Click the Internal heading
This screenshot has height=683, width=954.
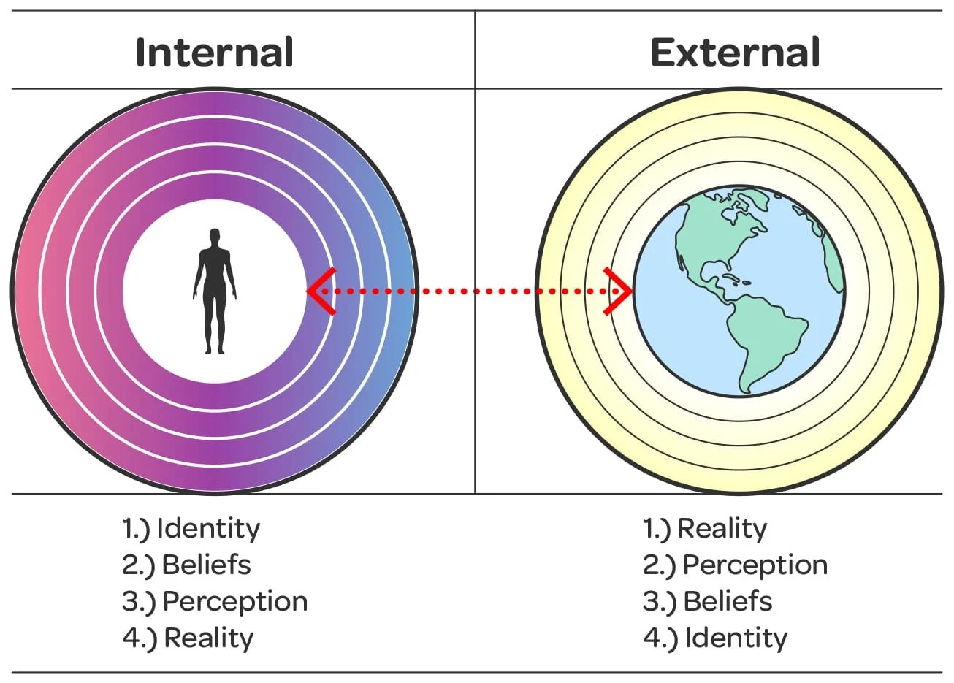[x=215, y=53]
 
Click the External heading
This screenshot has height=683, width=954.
[x=735, y=53]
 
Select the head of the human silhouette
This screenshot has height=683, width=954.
[x=214, y=237]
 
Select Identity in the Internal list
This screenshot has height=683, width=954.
[x=208, y=529]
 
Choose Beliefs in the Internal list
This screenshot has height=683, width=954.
[x=206, y=565]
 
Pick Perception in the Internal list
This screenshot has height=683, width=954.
[x=234, y=602]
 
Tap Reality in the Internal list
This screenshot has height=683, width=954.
[x=208, y=638]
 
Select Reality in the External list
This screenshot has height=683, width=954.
[x=722, y=529]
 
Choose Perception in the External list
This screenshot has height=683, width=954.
[x=755, y=565]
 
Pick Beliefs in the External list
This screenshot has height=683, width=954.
[x=728, y=602]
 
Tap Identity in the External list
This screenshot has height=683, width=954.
[x=736, y=638]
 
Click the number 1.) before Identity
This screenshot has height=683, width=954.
[x=137, y=529]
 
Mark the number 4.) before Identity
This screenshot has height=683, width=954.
[x=660, y=638]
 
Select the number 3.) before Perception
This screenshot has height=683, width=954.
[x=139, y=602]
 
